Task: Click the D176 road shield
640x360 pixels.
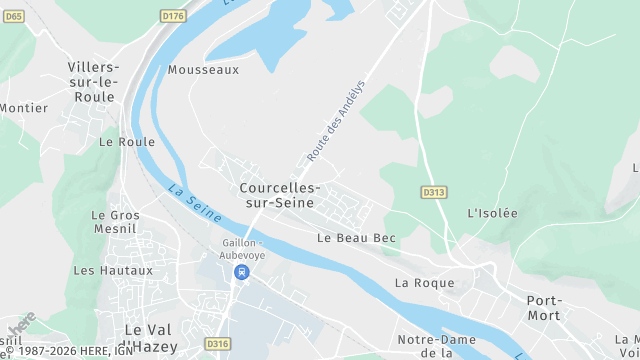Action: [x=174, y=15]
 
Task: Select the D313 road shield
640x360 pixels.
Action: [x=433, y=192]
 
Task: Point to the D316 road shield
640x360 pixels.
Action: [x=217, y=343]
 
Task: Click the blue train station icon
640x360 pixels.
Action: [x=240, y=272]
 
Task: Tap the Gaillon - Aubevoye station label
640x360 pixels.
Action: [x=240, y=249]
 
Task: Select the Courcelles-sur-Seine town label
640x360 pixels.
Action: [x=280, y=195]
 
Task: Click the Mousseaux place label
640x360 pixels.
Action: [x=204, y=70]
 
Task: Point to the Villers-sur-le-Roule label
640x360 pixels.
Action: [x=94, y=81]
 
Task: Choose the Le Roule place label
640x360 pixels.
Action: [x=127, y=142]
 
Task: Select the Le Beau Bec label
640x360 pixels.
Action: [x=356, y=238]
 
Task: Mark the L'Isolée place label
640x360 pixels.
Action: [x=493, y=213]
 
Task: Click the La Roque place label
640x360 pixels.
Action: [x=424, y=283]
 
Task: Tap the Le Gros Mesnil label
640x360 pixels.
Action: [x=115, y=222]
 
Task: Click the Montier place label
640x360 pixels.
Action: [x=24, y=108]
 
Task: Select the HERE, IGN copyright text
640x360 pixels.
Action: [x=70, y=352]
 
